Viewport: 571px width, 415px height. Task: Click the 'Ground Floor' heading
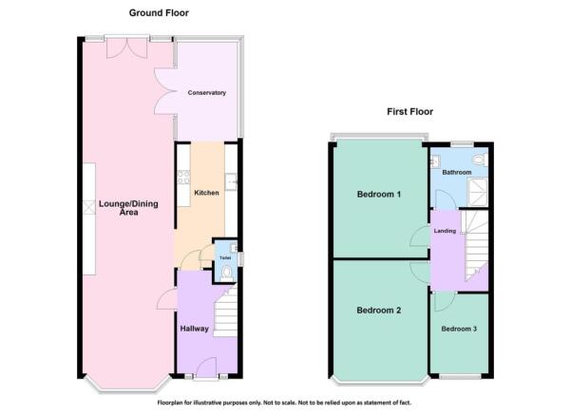click(159, 13)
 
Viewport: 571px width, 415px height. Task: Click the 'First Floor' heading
click(409, 111)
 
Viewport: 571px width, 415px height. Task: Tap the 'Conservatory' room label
click(206, 93)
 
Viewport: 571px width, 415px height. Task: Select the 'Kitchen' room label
click(206, 193)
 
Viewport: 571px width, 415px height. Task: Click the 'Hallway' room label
click(194, 329)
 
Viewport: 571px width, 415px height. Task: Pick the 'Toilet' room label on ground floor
click(225, 257)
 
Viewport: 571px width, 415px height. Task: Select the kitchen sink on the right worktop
click(231, 179)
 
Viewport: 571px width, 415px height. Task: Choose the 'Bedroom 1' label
click(378, 195)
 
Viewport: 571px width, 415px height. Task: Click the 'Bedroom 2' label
click(378, 311)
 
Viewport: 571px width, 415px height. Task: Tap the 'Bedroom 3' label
click(459, 329)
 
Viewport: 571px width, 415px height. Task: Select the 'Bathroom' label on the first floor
click(456, 173)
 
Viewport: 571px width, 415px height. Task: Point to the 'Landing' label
click(445, 231)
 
